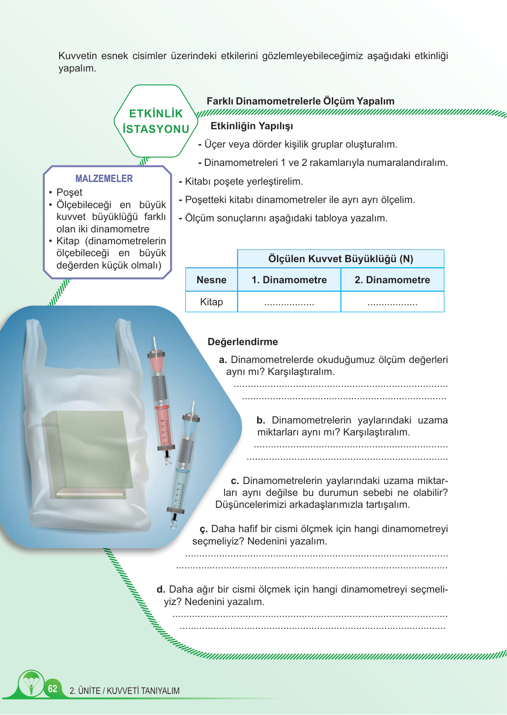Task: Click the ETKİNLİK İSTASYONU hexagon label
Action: click(156, 121)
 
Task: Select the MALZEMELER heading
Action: click(104, 179)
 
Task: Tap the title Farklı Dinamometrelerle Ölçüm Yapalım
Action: click(300, 101)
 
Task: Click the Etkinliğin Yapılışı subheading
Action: click(252, 126)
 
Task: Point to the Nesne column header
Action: click(211, 280)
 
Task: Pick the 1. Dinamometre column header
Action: click(289, 280)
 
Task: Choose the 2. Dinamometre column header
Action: click(392, 280)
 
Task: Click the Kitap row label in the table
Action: click(211, 302)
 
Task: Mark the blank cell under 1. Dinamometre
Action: click(289, 302)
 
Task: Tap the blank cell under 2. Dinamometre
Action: click(392, 302)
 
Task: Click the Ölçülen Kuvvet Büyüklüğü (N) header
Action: click(341, 259)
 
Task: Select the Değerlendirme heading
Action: click(242, 342)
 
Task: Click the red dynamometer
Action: click(161, 399)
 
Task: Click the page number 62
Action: click(53, 688)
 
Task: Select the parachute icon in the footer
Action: click(31, 683)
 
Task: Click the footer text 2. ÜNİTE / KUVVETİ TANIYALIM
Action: click(125, 691)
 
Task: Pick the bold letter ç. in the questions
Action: click(204, 529)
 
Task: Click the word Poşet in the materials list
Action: click(69, 192)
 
